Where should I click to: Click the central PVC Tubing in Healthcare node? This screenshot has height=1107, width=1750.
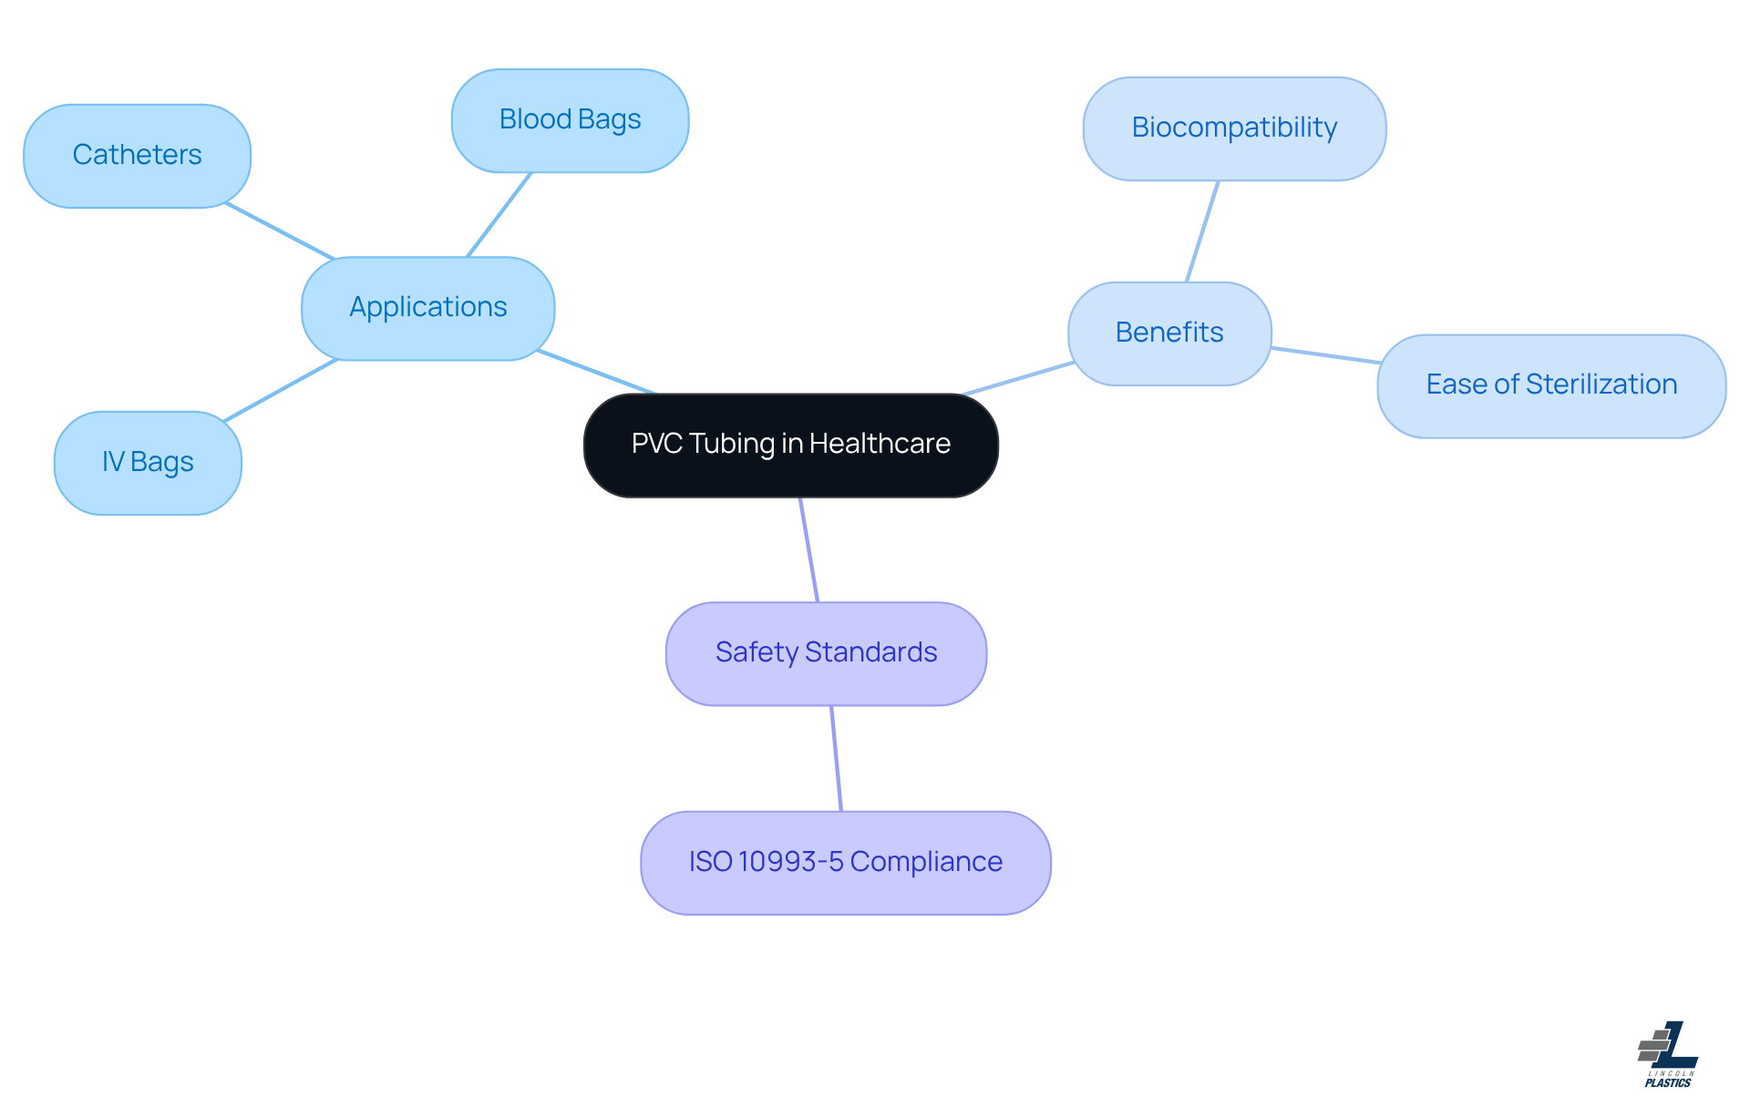(x=790, y=446)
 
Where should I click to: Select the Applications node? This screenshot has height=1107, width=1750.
(x=427, y=308)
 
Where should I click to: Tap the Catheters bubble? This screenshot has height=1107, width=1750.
(x=137, y=156)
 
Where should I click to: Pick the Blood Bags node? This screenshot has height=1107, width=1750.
(x=570, y=120)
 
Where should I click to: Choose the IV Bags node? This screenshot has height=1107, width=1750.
(x=148, y=463)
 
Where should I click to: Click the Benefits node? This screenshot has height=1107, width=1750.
(x=1168, y=333)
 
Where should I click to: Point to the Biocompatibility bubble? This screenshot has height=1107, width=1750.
(x=1234, y=128)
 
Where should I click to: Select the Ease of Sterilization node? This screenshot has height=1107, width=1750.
(x=1550, y=385)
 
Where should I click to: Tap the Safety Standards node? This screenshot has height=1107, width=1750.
(x=826, y=653)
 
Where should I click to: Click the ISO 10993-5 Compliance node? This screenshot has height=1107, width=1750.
(x=845, y=863)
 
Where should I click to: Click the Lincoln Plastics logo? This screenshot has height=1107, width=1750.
(x=1668, y=1054)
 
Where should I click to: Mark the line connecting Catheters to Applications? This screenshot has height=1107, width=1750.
(x=280, y=231)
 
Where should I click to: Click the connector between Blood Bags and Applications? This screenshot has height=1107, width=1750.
(x=499, y=215)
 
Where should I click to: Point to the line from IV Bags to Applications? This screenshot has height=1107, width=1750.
(x=281, y=390)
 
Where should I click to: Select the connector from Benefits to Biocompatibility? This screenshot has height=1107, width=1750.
(x=1202, y=231)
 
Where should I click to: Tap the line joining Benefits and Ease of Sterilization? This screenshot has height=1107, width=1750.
(x=1324, y=355)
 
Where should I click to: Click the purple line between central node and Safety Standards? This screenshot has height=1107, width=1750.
(x=808, y=549)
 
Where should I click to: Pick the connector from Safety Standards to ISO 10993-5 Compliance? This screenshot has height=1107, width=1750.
(x=836, y=758)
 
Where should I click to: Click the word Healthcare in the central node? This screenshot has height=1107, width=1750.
(x=880, y=444)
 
